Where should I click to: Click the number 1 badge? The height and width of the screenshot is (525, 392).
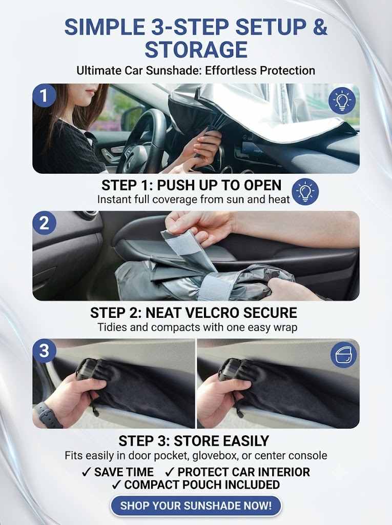tap(44, 96)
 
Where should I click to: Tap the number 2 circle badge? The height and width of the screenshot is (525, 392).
tap(44, 223)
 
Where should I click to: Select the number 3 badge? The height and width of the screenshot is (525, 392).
tap(44, 351)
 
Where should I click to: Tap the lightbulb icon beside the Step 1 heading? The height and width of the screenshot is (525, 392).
tap(305, 192)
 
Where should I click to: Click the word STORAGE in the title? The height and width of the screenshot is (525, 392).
tap(196, 50)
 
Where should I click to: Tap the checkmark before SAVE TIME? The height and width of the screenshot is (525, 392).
tap(87, 472)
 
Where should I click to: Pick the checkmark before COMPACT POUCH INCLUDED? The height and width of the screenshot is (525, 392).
tap(116, 484)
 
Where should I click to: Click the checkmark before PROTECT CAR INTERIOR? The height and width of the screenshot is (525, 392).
tap(170, 472)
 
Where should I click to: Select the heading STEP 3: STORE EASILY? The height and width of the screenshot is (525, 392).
tap(194, 441)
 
